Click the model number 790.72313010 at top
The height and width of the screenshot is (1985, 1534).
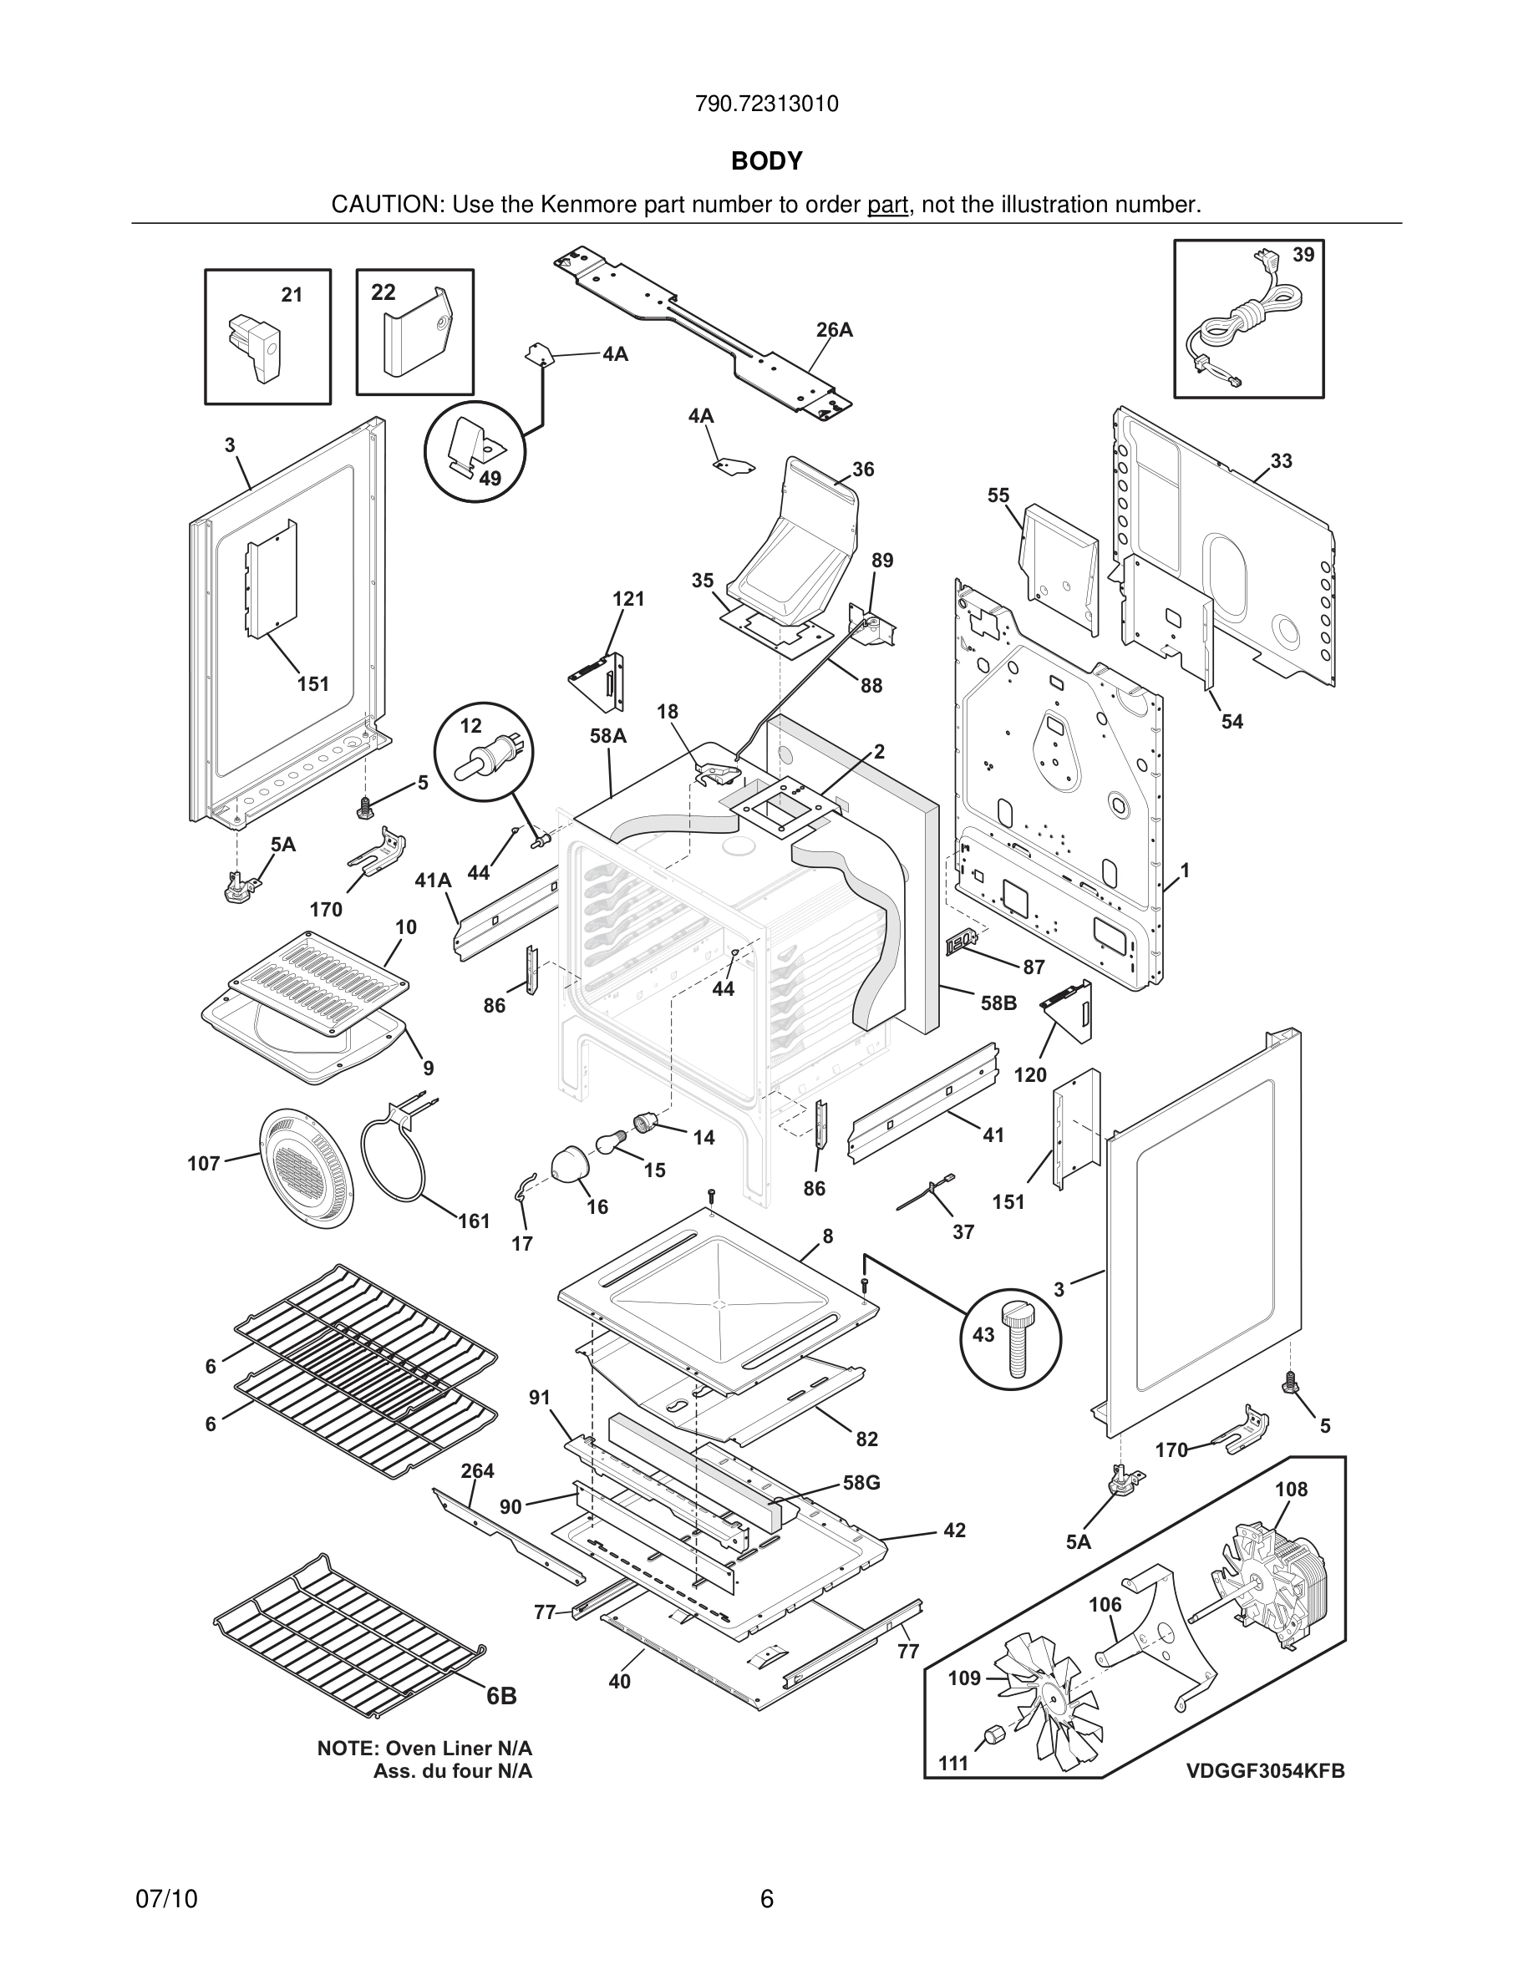[x=766, y=104]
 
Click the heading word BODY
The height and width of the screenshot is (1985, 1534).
[x=766, y=161]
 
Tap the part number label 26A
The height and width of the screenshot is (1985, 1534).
[x=834, y=330]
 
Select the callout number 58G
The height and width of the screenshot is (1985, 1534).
[x=861, y=1482]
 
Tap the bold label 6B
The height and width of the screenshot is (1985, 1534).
[x=501, y=1695]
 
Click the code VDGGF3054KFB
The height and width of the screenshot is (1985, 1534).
[x=1265, y=1770]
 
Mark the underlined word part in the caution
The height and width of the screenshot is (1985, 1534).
[x=887, y=205]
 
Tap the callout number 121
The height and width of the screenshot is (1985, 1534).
[x=628, y=599]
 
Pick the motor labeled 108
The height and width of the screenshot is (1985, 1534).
[x=1267, y=1586]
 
